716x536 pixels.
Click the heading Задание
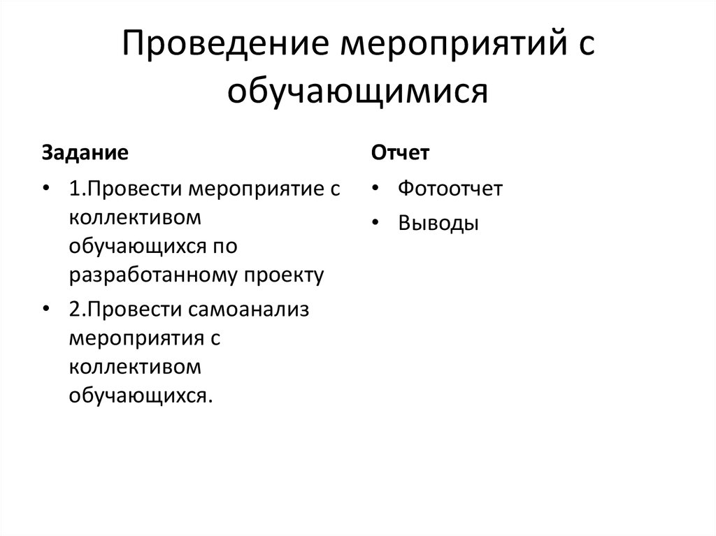coord(85,153)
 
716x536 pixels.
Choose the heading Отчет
coord(400,153)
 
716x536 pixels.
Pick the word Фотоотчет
coord(450,189)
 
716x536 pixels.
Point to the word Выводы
coord(438,223)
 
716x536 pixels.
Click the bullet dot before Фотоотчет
coord(377,189)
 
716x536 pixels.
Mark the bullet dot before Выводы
coord(377,224)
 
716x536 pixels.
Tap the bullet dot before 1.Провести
coord(46,189)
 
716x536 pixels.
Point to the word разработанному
coord(153,275)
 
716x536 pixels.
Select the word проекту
coord(283,275)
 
